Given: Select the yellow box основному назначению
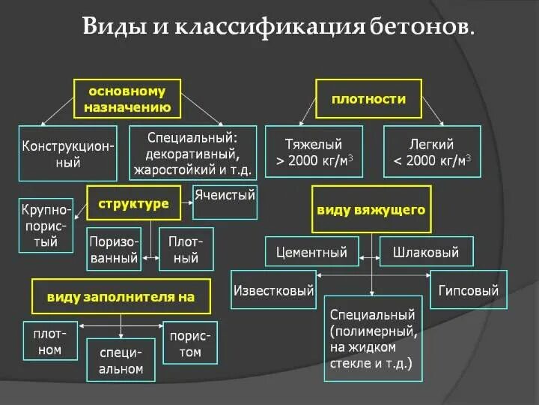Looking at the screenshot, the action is [x=127, y=99].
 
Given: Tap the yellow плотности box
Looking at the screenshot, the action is [x=368, y=98].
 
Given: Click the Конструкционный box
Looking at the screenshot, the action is [x=67, y=154].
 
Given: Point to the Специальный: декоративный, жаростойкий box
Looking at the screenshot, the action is [x=193, y=154].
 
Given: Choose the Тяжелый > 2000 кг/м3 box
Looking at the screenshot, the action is [x=314, y=151].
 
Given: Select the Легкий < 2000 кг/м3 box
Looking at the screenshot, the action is [x=431, y=151].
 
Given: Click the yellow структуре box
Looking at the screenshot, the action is [x=133, y=204].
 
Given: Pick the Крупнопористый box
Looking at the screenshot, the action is [x=46, y=225].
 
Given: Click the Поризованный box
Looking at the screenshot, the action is [x=114, y=249].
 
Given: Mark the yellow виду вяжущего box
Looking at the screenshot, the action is [x=371, y=209].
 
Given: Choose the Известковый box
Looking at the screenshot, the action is [x=273, y=291].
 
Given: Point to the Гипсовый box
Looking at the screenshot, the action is [x=469, y=290].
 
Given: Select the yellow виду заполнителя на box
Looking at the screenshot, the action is [x=121, y=296].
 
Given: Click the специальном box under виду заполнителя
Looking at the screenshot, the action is [x=121, y=360].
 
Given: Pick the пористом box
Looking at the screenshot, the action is [x=190, y=342].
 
